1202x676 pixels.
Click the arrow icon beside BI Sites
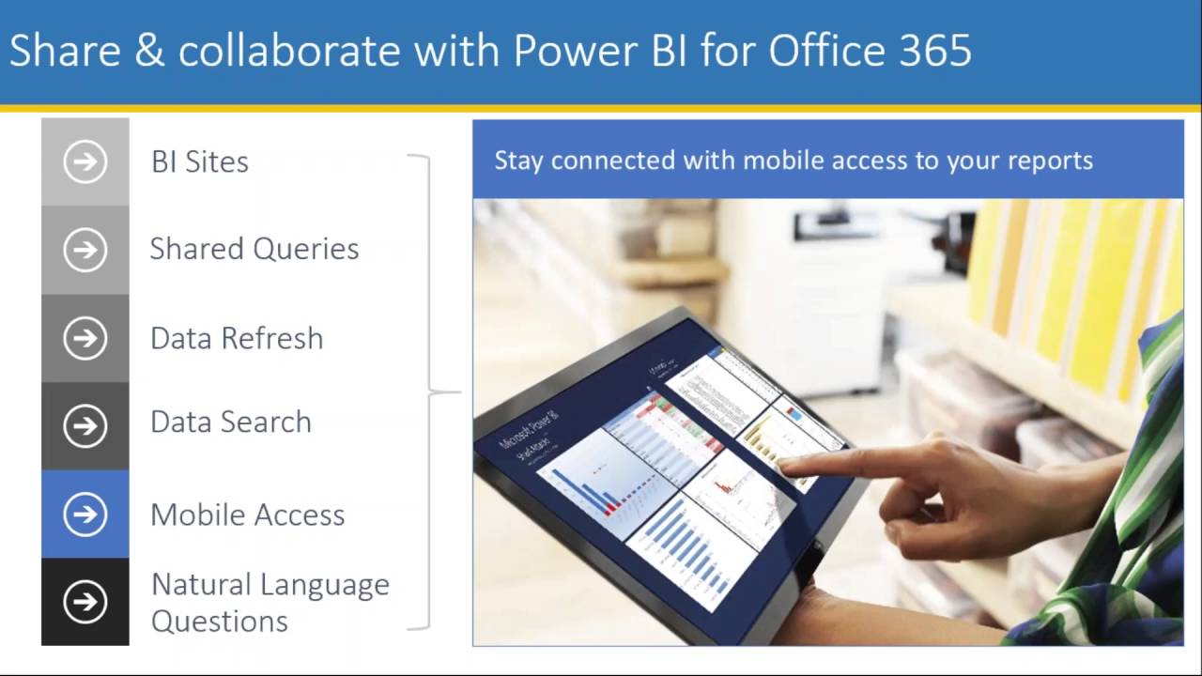85,161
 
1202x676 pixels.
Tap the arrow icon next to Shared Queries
85,250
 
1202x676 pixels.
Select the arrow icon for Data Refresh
85,338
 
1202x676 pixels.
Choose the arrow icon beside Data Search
85,426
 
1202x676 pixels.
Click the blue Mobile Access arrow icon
85,515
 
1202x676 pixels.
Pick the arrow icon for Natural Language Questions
85,602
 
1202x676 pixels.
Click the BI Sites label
200,161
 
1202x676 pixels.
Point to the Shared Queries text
254,249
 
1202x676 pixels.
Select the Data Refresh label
237,338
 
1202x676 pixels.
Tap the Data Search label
231,422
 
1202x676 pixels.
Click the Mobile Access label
248,515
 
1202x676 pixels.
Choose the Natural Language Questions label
270,602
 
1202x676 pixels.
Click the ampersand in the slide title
148,51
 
